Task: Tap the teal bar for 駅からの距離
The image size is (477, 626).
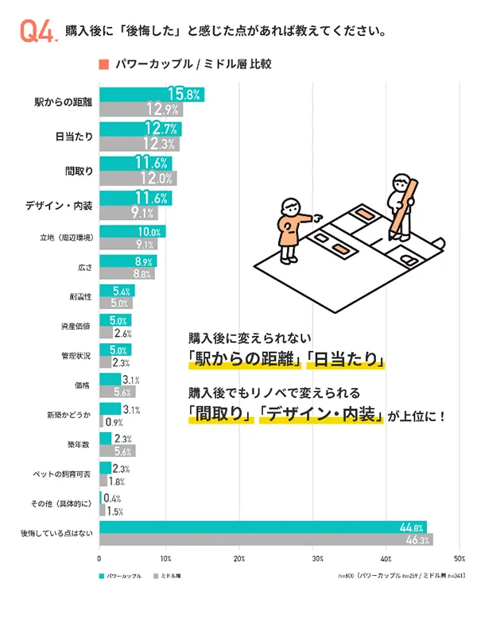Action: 151,95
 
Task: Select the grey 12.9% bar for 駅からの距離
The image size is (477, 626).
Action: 141,110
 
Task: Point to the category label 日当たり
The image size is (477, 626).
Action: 74,136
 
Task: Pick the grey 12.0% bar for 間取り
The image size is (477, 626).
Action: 138,178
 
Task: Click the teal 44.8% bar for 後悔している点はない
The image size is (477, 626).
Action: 262,527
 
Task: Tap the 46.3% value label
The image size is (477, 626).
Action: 417,540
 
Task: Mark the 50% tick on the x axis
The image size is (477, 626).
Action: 458,559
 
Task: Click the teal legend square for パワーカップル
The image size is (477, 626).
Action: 102,574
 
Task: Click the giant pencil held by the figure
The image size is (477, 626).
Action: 409,205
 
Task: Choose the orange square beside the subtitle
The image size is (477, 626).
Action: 103,64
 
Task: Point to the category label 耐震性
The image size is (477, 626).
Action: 79,296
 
